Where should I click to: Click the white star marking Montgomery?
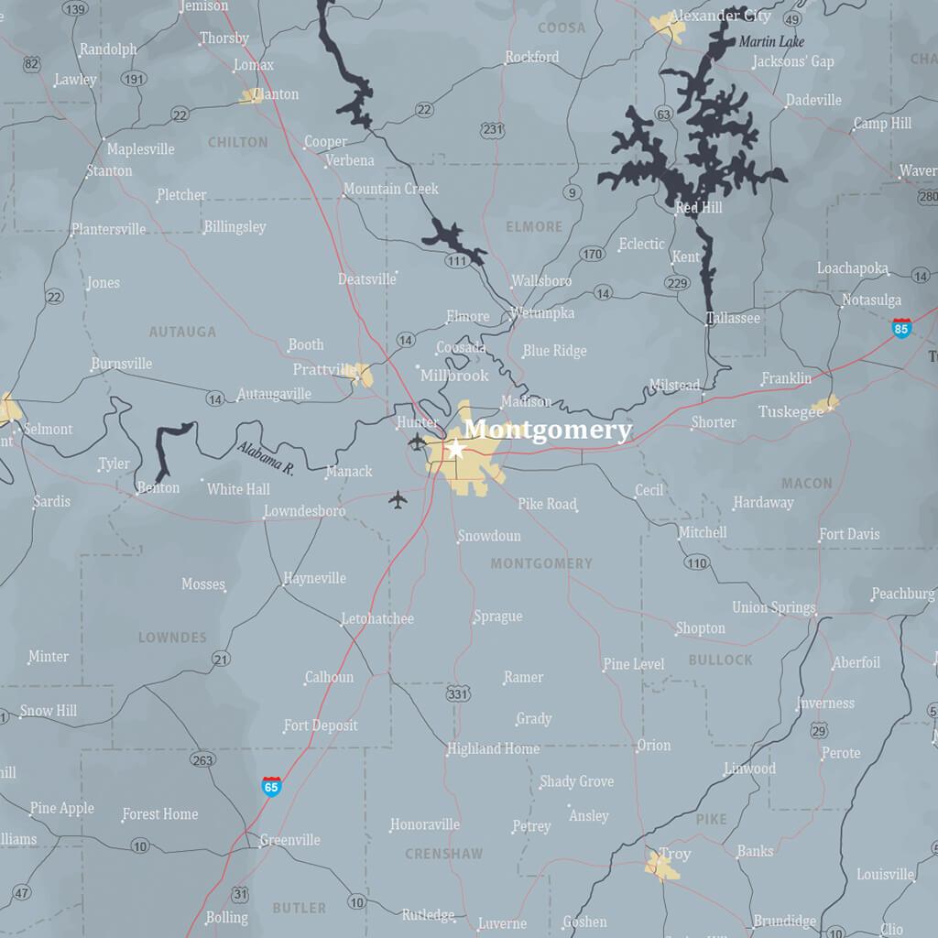(x=455, y=449)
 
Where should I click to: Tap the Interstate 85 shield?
(x=901, y=328)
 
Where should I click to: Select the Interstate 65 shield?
(x=271, y=786)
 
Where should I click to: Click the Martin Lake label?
(x=770, y=41)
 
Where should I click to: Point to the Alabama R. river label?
(x=265, y=459)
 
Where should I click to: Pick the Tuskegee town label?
(x=791, y=412)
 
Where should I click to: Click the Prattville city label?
(x=324, y=369)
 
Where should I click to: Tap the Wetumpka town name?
(x=542, y=313)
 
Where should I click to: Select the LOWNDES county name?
(x=172, y=638)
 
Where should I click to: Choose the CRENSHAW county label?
(x=443, y=854)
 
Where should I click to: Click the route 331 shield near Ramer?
(x=458, y=694)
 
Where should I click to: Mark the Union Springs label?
(x=773, y=607)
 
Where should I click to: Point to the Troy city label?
(x=675, y=854)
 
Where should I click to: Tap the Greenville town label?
(x=289, y=840)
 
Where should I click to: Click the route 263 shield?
(x=202, y=759)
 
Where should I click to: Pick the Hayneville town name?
(x=314, y=578)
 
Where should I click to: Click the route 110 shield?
(x=696, y=562)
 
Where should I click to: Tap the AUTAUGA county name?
(x=182, y=332)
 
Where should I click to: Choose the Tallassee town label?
(x=733, y=318)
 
